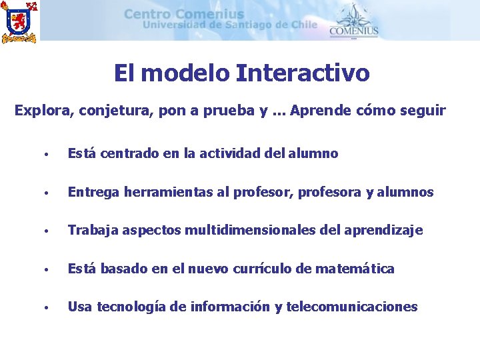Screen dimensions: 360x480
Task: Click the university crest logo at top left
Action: (19, 21)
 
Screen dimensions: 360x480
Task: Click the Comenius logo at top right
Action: (353, 21)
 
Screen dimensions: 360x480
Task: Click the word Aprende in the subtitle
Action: (317, 111)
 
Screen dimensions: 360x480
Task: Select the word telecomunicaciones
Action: (351, 307)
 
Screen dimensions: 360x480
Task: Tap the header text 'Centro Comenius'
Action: (184, 14)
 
